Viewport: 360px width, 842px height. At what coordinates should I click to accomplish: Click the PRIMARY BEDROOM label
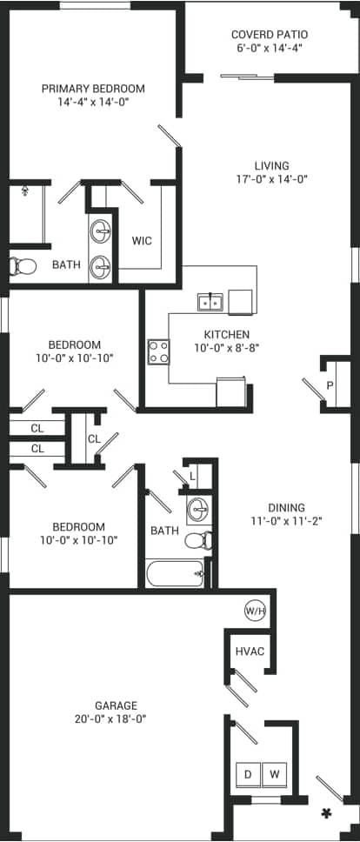pyautogui.click(x=94, y=89)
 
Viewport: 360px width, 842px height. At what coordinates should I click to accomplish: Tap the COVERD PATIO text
pyautogui.click(x=270, y=35)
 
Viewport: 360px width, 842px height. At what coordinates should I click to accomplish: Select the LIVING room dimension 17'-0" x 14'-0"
pyautogui.click(x=271, y=179)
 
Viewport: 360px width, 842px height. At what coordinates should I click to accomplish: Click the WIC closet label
pyautogui.click(x=142, y=241)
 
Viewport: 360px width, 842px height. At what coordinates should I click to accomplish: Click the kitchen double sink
pyautogui.click(x=210, y=303)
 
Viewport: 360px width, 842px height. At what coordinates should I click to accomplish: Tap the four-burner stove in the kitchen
pyautogui.click(x=158, y=351)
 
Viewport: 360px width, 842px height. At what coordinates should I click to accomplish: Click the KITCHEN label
pyautogui.click(x=226, y=334)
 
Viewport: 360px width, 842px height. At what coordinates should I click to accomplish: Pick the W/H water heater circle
pyautogui.click(x=255, y=609)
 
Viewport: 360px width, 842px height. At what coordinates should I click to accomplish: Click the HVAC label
pyautogui.click(x=249, y=652)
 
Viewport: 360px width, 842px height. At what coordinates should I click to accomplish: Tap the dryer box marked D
pyautogui.click(x=247, y=772)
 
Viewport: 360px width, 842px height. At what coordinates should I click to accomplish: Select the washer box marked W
pyautogui.click(x=274, y=772)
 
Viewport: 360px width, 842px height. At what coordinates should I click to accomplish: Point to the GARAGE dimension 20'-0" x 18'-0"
pyautogui.click(x=116, y=719)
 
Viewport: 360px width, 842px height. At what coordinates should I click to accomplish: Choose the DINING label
pyautogui.click(x=286, y=508)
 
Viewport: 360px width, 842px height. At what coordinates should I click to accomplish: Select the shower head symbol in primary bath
pyautogui.click(x=25, y=187)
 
